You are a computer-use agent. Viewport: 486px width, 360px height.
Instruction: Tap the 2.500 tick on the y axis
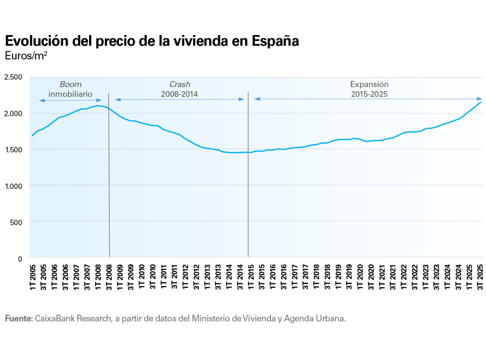coord(13,77)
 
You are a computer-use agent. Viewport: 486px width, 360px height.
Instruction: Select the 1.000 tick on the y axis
coord(13,186)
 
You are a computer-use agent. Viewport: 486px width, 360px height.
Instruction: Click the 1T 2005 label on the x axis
coord(32,276)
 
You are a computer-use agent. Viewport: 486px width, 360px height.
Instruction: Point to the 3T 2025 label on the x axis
coord(480,276)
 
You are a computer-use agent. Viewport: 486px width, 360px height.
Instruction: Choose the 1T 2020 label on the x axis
coord(360,276)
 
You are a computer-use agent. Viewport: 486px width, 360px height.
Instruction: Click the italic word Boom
coord(70,84)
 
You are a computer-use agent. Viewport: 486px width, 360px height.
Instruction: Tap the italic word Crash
coord(180,84)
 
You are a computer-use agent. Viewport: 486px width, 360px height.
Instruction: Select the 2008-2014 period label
coord(180,93)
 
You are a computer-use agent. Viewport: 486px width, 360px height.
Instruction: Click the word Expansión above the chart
coord(369,84)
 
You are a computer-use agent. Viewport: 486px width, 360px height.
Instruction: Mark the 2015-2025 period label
coord(369,93)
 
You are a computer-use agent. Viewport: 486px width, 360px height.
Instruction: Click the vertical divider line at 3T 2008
coord(109,178)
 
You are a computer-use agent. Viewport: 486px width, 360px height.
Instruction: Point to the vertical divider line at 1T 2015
coord(248,178)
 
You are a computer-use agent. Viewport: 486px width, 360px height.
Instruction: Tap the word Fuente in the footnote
coord(19,318)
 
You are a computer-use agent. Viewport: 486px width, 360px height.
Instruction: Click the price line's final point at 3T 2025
coord(481,102)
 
